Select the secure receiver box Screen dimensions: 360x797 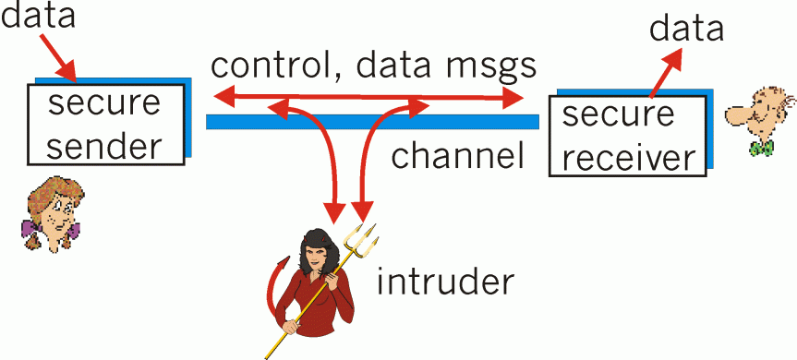pos(627,137)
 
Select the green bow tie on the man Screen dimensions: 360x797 pos(762,148)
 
